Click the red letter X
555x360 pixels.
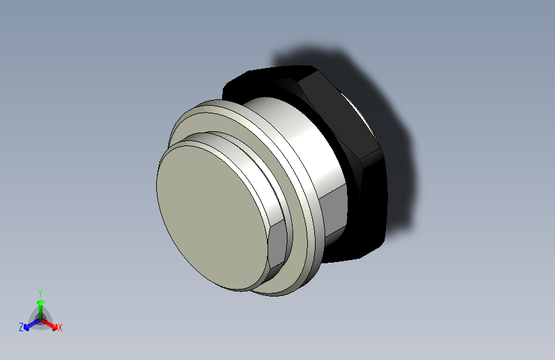(60, 328)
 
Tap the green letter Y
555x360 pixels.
(40, 291)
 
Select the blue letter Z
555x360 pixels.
(21, 327)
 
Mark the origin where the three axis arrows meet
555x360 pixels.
(40, 318)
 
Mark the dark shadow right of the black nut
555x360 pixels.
(397, 167)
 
